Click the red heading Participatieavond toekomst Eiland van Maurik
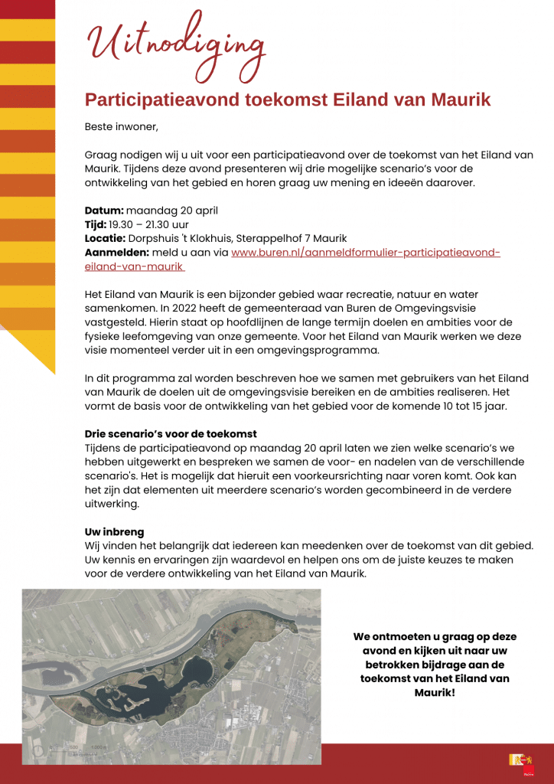click(x=288, y=100)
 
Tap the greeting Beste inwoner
click(x=121, y=126)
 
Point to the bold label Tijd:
click(x=96, y=224)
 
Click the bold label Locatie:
click(x=105, y=239)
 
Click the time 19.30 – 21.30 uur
click(x=148, y=224)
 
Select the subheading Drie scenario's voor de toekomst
click(x=171, y=434)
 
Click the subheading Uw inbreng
click(x=114, y=531)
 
